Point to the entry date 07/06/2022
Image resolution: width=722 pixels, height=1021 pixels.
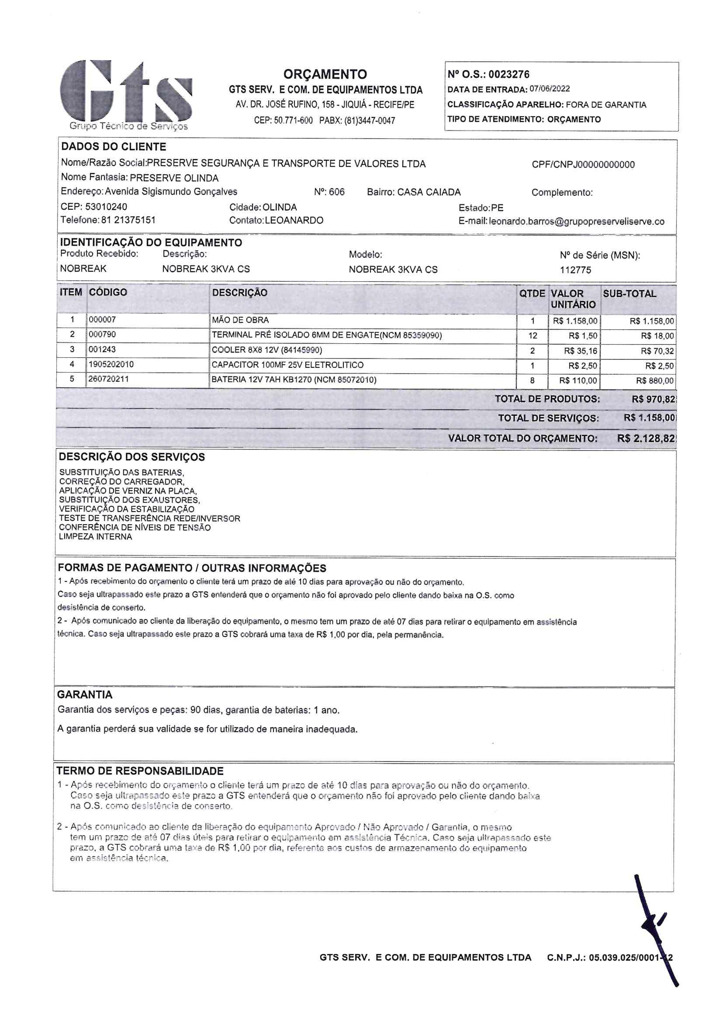point(549,89)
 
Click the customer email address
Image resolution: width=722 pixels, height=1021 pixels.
point(577,221)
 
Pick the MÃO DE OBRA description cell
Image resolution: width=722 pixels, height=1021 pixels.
point(240,320)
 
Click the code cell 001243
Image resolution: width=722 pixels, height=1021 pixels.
point(102,349)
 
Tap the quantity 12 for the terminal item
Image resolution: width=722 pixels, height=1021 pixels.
point(532,336)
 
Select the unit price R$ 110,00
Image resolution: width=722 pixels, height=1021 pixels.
point(578,381)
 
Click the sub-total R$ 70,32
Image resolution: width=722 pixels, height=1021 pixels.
point(657,351)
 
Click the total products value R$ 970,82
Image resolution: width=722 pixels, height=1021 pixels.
point(653,399)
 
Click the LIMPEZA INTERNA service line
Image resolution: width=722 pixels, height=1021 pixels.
point(96,537)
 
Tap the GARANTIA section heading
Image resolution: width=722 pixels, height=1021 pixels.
point(84,695)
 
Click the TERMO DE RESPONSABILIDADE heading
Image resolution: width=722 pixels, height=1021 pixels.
point(140,771)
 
